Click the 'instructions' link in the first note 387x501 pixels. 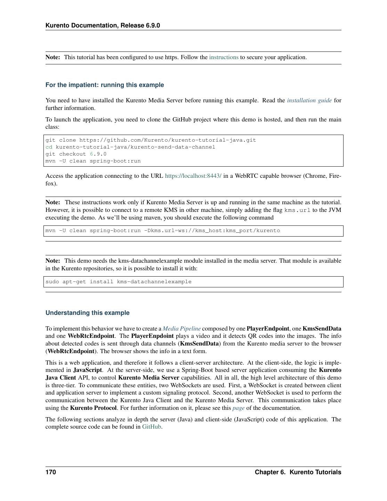[x=224, y=57]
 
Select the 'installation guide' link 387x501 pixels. [x=309, y=101]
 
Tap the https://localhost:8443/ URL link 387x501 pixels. [x=193, y=176]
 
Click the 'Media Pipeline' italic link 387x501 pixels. [x=182, y=329]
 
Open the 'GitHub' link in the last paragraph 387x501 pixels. [x=152, y=427]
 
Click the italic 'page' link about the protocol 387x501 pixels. [x=239, y=408]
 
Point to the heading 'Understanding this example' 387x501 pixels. [x=87, y=313]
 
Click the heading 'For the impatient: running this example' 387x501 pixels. [x=105, y=85]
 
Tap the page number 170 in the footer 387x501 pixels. [x=51, y=472]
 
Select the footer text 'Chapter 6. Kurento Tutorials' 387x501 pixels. [x=298, y=472]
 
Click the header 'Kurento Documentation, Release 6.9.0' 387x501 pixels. [x=103, y=25]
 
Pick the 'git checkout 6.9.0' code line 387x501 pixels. [x=76, y=154]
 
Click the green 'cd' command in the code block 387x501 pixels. [x=49, y=147]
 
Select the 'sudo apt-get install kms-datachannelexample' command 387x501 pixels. [x=118, y=282]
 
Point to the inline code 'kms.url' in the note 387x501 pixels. [x=297, y=210]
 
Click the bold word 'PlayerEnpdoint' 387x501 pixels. [x=152, y=336]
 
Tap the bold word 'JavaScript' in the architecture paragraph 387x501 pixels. [x=88, y=370]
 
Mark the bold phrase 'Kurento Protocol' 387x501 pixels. [x=93, y=408]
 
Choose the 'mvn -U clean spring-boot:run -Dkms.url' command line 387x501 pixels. [x=162, y=231]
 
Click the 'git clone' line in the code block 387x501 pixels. [x=151, y=140]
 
